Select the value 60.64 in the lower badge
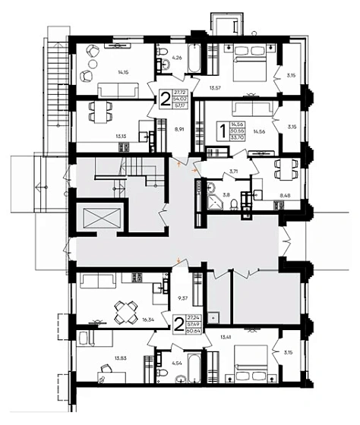(x=203, y=332)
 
